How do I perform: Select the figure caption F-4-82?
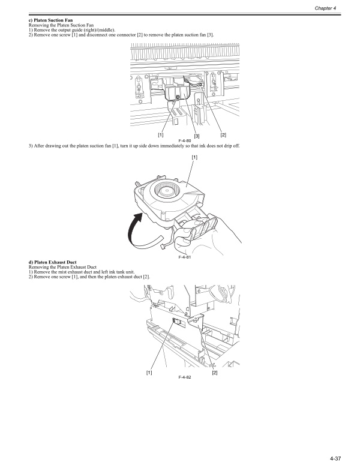pyautogui.click(x=185, y=377)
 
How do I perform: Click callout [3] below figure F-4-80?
pyautogui.click(x=196, y=136)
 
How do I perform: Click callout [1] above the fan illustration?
pyautogui.click(x=194, y=157)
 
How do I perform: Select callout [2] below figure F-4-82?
pyautogui.click(x=214, y=373)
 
